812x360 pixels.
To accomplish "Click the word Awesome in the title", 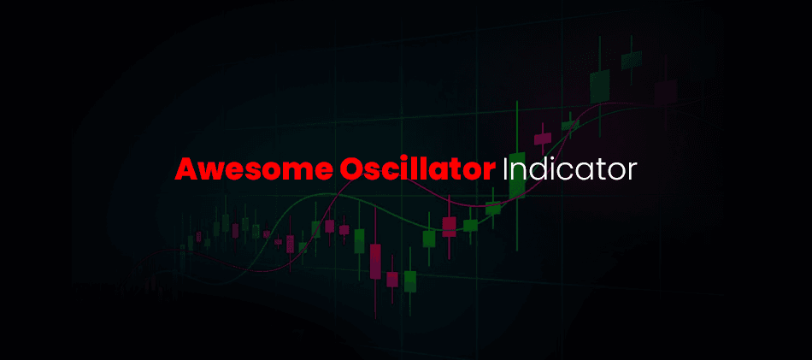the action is coord(252,168).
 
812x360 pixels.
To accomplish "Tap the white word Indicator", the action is coord(568,168).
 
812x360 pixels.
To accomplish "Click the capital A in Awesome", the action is coord(185,168).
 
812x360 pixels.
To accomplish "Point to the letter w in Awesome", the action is coord(211,172).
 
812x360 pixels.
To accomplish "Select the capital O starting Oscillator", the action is coord(350,168).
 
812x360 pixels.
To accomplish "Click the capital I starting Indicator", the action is coord(505,168).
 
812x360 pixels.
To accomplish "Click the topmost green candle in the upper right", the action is coord(632,60).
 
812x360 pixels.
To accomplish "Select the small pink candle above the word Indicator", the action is coord(543,139).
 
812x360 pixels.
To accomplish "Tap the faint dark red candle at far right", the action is coord(665,92).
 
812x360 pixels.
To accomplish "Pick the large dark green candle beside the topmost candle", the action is coord(600,86).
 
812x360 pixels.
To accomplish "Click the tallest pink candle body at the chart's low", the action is coord(375,263).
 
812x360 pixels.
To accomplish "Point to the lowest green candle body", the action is coord(410,281).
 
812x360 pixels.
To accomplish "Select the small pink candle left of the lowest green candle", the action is coord(392,280).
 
